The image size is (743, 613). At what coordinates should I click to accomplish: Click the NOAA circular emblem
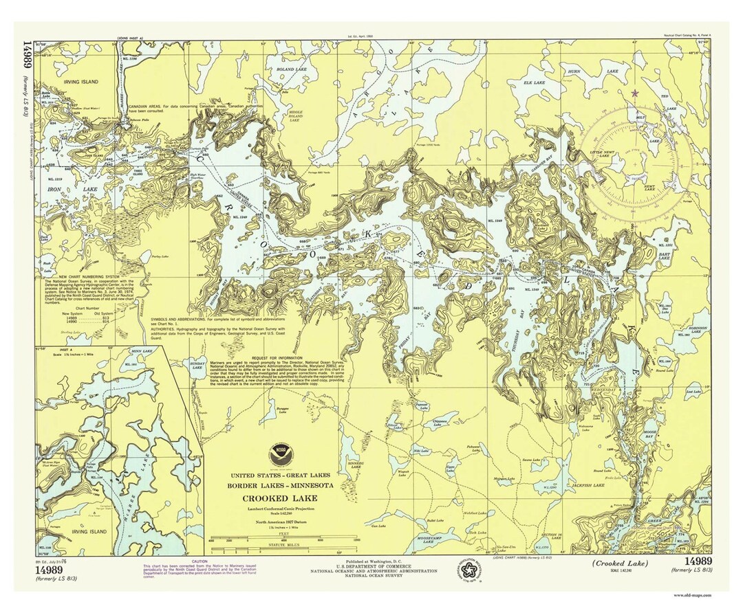click(281, 453)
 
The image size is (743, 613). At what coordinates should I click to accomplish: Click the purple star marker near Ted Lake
click(634, 92)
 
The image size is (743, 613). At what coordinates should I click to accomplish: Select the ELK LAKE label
click(535, 83)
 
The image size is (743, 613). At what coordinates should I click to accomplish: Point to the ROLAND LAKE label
click(285, 69)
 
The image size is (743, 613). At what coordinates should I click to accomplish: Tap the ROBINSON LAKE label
click(696, 330)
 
